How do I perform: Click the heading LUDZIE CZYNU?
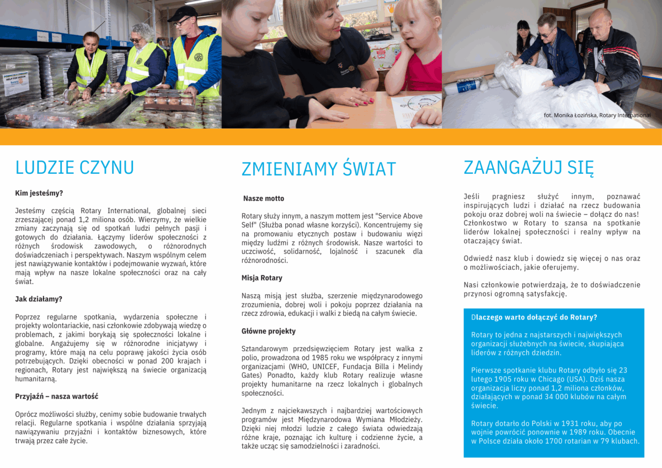(x=74, y=167)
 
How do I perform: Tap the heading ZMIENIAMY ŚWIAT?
(x=319, y=169)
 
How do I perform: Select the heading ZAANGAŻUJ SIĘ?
(x=528, y=167)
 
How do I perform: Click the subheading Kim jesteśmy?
(x=39, y=193)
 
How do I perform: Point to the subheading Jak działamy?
(x=39, y=299)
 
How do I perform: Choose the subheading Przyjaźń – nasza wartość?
(x=57, y=396)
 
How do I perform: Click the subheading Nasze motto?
(x=264, y=198)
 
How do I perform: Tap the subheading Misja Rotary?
(x=261, y=278)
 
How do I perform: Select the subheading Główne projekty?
(x=268, y=331)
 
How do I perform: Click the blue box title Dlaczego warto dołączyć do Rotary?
(x=534, y=317)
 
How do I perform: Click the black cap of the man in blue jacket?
(x=183, y=13)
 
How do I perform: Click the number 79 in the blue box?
(x=605, y=441)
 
